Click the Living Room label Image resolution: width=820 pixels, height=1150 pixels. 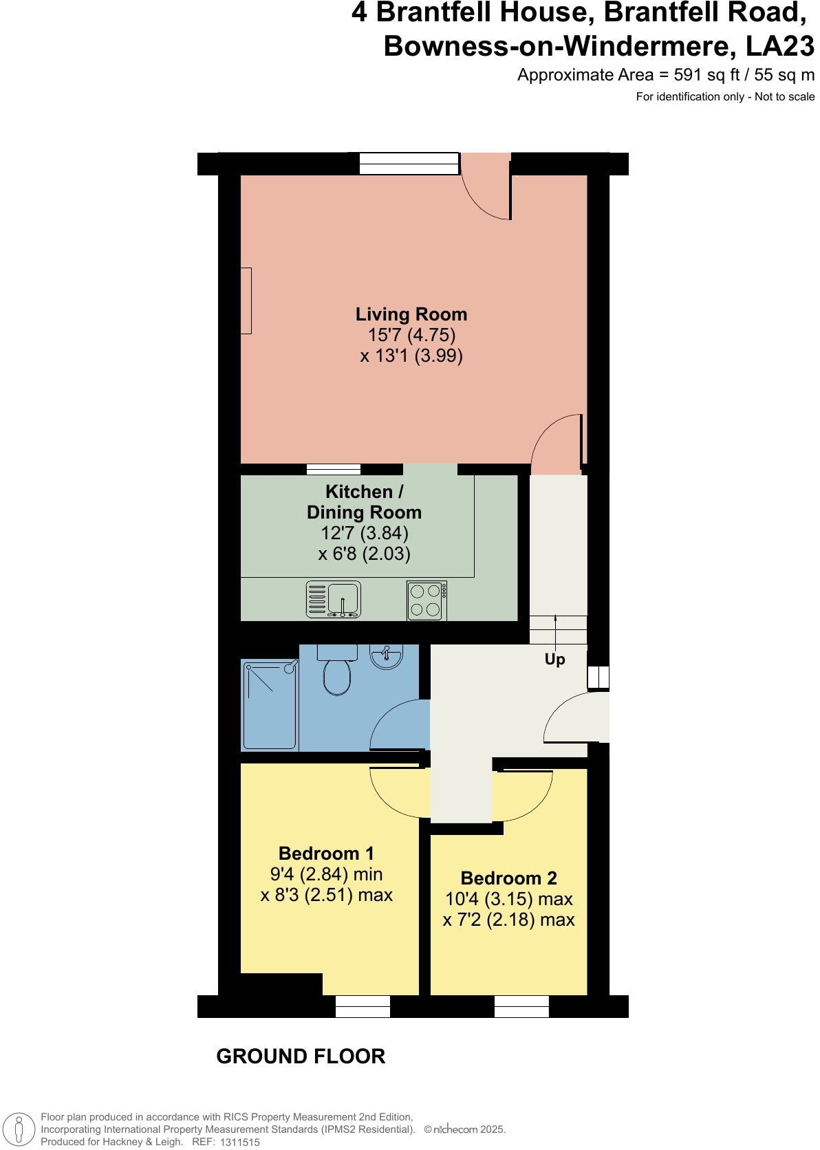[x=411, y=314]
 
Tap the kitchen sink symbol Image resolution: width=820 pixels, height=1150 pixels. [x=334, y=600]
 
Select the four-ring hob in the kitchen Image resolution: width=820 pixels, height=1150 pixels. [x=427, y=600]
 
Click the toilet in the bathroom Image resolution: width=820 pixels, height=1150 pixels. [x=337, y=673]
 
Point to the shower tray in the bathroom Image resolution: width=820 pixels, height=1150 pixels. [x=270, y=705]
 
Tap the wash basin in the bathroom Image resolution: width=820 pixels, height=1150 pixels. [x=387, y=656]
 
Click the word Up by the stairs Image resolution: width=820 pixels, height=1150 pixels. [x=554, y=659]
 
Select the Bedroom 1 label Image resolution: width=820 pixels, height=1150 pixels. [x=326, y=854]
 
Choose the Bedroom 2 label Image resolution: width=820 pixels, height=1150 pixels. [x=508, y=878]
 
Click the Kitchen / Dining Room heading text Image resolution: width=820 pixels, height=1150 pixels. [x=364, y=502]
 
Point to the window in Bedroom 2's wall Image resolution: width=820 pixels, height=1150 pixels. [x=521, y=1006]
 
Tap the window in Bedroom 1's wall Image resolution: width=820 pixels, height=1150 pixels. [x=363, y=1006]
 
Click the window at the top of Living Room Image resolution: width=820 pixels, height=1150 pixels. [x=409, y=164]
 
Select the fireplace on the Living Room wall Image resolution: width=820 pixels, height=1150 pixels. [x=246, y=301]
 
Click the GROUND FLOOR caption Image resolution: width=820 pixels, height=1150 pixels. [x=301, y=1056]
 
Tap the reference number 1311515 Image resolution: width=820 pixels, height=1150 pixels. [x=239, y=1142]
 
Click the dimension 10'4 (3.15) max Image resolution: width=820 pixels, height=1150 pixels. [x=508, y=899]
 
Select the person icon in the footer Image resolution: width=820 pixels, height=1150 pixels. [x=19, y=1129]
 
